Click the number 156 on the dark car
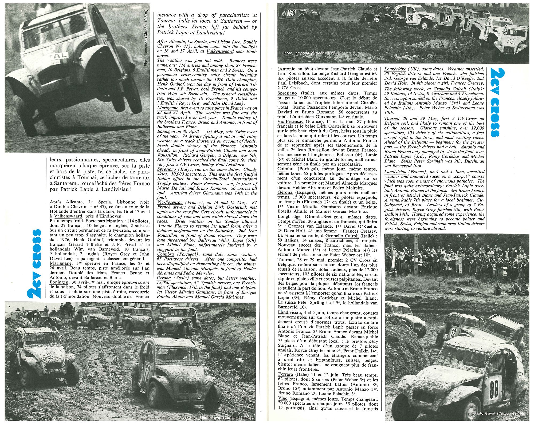click(291, 13)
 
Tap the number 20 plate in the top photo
click(377, 18)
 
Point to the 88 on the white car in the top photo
click(411, 18)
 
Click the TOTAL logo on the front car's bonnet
click(510, 42)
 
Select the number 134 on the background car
click(85, 318)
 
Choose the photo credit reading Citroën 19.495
click(499, 413)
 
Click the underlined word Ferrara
click(285, 375)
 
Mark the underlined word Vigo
click(283, 398)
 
